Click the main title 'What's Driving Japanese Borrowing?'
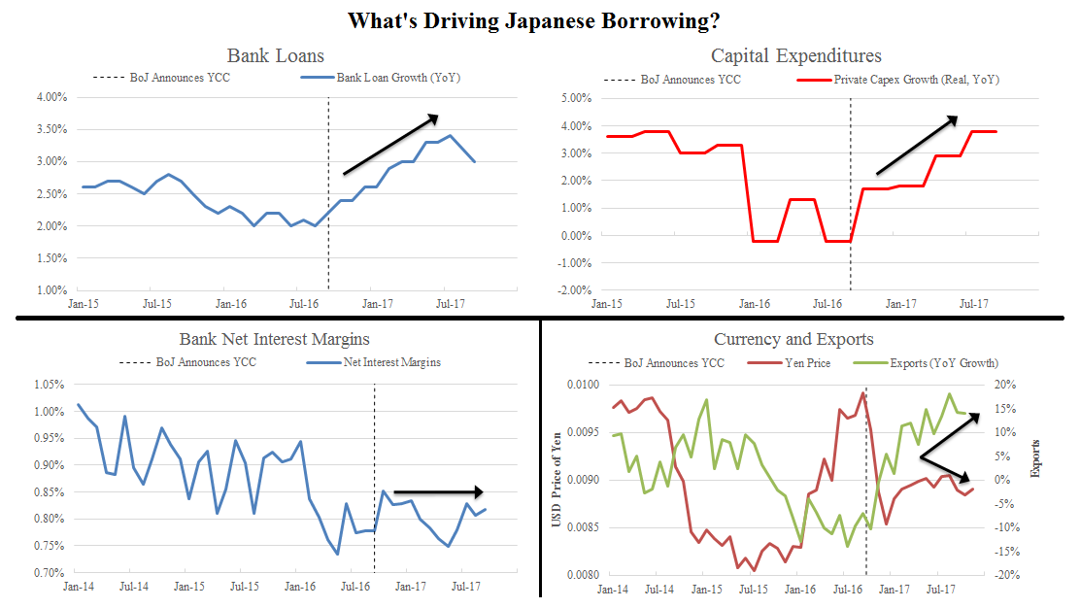pyautogui.click(x=539, y=20)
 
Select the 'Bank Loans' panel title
pyautogui.click(x=276, y=55)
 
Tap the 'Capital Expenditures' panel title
pyautogui.click(x=795, y=55)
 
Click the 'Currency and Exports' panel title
pyautogui.click(x=793, y=339)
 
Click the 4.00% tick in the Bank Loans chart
pyautogui.click(x=51, y=97)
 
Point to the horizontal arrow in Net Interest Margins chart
pyautogui.click(x=438, y=491)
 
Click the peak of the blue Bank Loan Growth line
pyautogui.click(x=449, y=136)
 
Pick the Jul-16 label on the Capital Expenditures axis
pyautogui.click(x=828, y=304)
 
